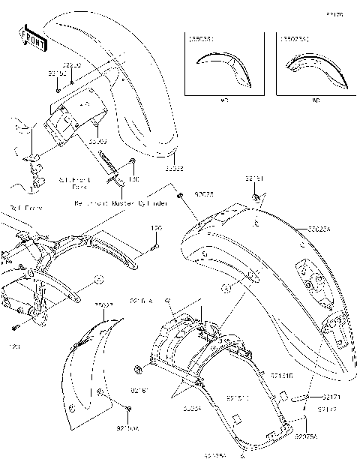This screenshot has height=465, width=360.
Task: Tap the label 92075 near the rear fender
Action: (x=203, y=193)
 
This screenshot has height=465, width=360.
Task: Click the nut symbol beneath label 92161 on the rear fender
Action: (x=256, y=196)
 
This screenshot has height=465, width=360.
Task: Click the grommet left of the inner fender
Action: (x=139, y=368)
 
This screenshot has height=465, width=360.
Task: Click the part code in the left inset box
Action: (x=199, y=37)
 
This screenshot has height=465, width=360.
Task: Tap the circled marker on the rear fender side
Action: (x=225, y=287)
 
